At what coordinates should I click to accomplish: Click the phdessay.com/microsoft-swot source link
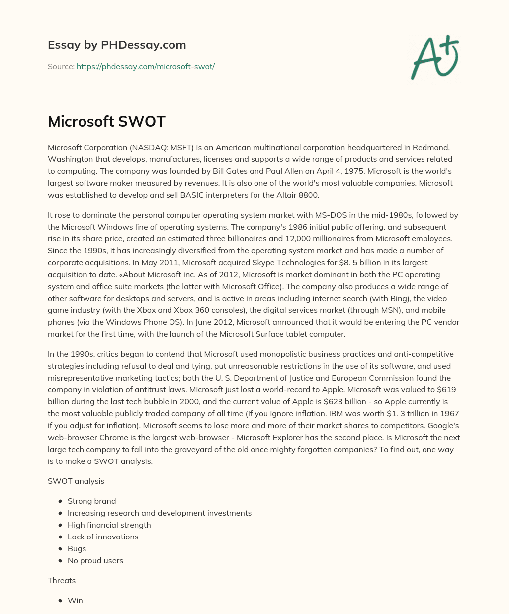tap(145, 66)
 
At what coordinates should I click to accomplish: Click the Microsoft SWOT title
tap(106, 121)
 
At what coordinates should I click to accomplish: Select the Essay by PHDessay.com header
tap(117, 45)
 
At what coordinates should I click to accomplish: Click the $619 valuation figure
tap(445, 389)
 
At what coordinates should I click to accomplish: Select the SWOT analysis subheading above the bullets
tap(76, 481)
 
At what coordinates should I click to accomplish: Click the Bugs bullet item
tap(77, 548)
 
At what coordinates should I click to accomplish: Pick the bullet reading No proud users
tap(95, 560)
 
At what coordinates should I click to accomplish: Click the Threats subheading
tap(62, 580)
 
